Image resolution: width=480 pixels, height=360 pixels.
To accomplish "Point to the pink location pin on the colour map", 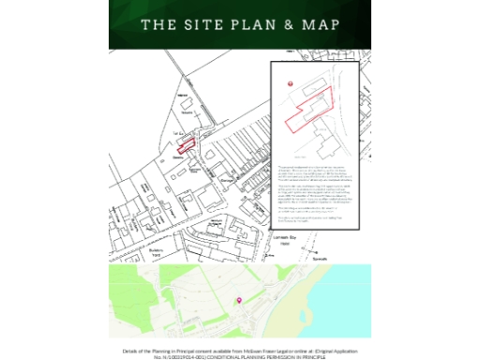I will click(x=238, y=299).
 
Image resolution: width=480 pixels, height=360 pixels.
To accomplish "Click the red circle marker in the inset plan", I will click(x=290, y=84).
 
